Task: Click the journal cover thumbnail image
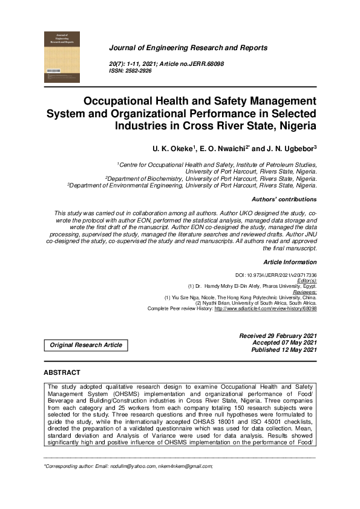coord(62,57)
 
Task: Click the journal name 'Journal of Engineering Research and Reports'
coord(188,47)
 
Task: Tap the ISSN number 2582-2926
coord(139,71)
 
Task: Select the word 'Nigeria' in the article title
coord(293,126)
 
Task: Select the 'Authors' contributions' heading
coord(283,199)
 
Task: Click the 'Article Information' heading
coord(290,262)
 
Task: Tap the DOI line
coord(275,275)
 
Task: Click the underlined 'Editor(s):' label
coord(304,280)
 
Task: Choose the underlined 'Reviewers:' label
coord(301,291)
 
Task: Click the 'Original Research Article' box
coord(86,345)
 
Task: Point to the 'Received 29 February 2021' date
coord(278,336)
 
